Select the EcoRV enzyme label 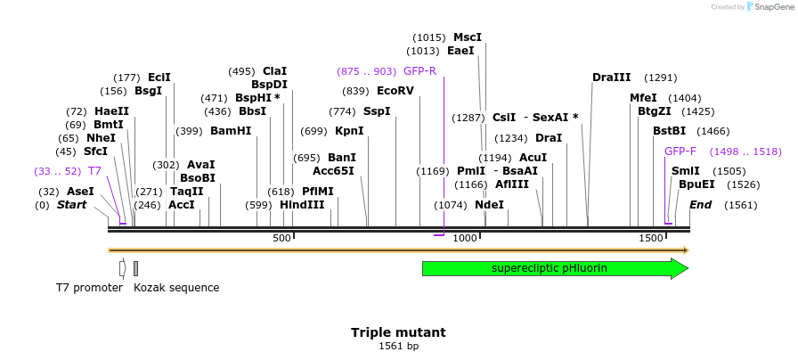(x=395, y=91)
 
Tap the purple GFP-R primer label (x=419, y=71)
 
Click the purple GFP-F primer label (x=680, y=151)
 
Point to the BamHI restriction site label (x=231, y=131)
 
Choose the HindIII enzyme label (x=302, y=205)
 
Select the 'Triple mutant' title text (x=398, y=332)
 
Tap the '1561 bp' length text (x=398, y=346)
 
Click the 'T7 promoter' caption (x=88, y=288)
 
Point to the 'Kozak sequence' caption (x=176, y=288)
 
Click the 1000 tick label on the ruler (x=464, y=239)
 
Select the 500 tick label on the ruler (x=281, y=239)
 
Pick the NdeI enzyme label (x=489, y=205)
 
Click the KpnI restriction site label (x=349, y=131)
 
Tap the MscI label (x=468, y=37)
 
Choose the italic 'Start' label (x=72, y=205)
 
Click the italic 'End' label (x=701, y=205)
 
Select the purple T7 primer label (x=94, y=170)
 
